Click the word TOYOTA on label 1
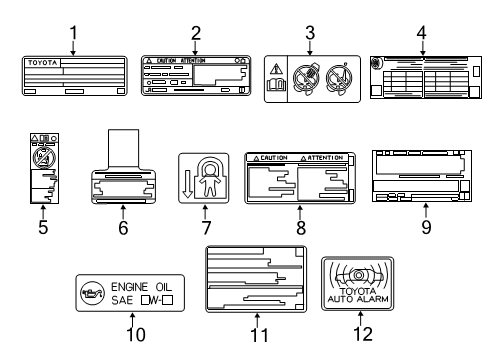[x=41, y=62]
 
